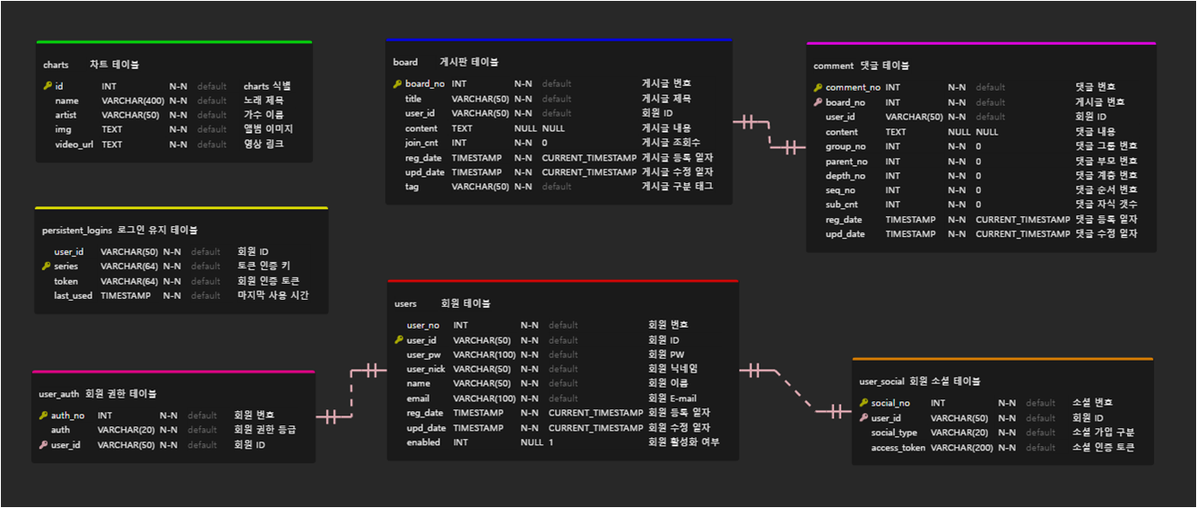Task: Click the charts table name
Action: click(x=56, y=65)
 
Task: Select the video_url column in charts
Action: click(x=75, y=145)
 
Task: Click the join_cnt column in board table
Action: click(x=421, y=143)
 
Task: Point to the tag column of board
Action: click(x=412, y=187)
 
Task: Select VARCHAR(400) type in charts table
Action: click(x=133, y=101)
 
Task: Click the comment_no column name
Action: click(x=853, y=88)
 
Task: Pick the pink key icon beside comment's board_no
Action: click(x=818, y=102)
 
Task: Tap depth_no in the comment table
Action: click(x=846, y=176)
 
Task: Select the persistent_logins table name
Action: click(x=77, y=231)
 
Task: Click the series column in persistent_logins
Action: click(x=66, y=267)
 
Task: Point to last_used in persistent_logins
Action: click(x=73, y=295)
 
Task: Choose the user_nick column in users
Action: click(x=426, y=369)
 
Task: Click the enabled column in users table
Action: click(x=423, y=442)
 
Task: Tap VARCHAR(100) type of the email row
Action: click(x=484, y=399)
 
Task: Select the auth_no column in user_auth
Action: click(x=67, y=416)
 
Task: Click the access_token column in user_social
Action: click(x=898, y=448)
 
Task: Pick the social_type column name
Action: click(x=894, y=433)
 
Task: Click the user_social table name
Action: click(x=881, y=381)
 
